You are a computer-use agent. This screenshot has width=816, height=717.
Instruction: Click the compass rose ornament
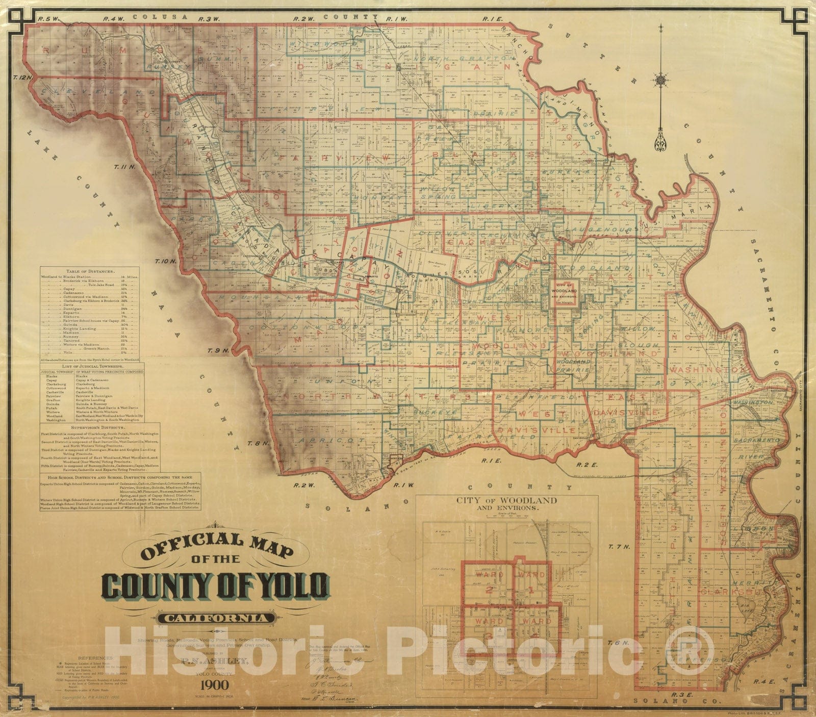[x=661, y=80]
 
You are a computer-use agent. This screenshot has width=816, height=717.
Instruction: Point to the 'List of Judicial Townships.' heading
[x=91, y=366]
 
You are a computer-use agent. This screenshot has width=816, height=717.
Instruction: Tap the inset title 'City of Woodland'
[x=506, y=500]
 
